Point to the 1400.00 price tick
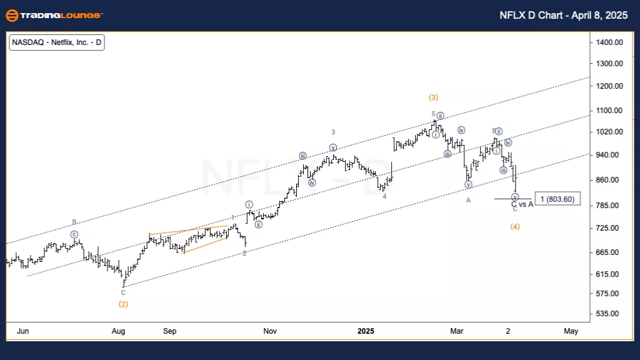pyautogui.click(x=610, y=42)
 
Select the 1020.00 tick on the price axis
pyautogui.click(x=610, y=132)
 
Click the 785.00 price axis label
pyautogui.click(x=610, y=206)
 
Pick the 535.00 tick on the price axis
pyautogui.click(x=610, y=314)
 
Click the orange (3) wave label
pyautogui.click(x=433, y=97)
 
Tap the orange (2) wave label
pyautogui.click(x=123, y=304)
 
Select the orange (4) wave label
pyautogui.click(x=515, y=226)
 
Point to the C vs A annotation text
pyautogui.click(x=522, y=204)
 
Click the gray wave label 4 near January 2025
pyautogui.click(x=384, y=196)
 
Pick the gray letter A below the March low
pyautogui.click(x=467, y=200)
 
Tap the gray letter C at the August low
pyautogui.click(x=123, y=292)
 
